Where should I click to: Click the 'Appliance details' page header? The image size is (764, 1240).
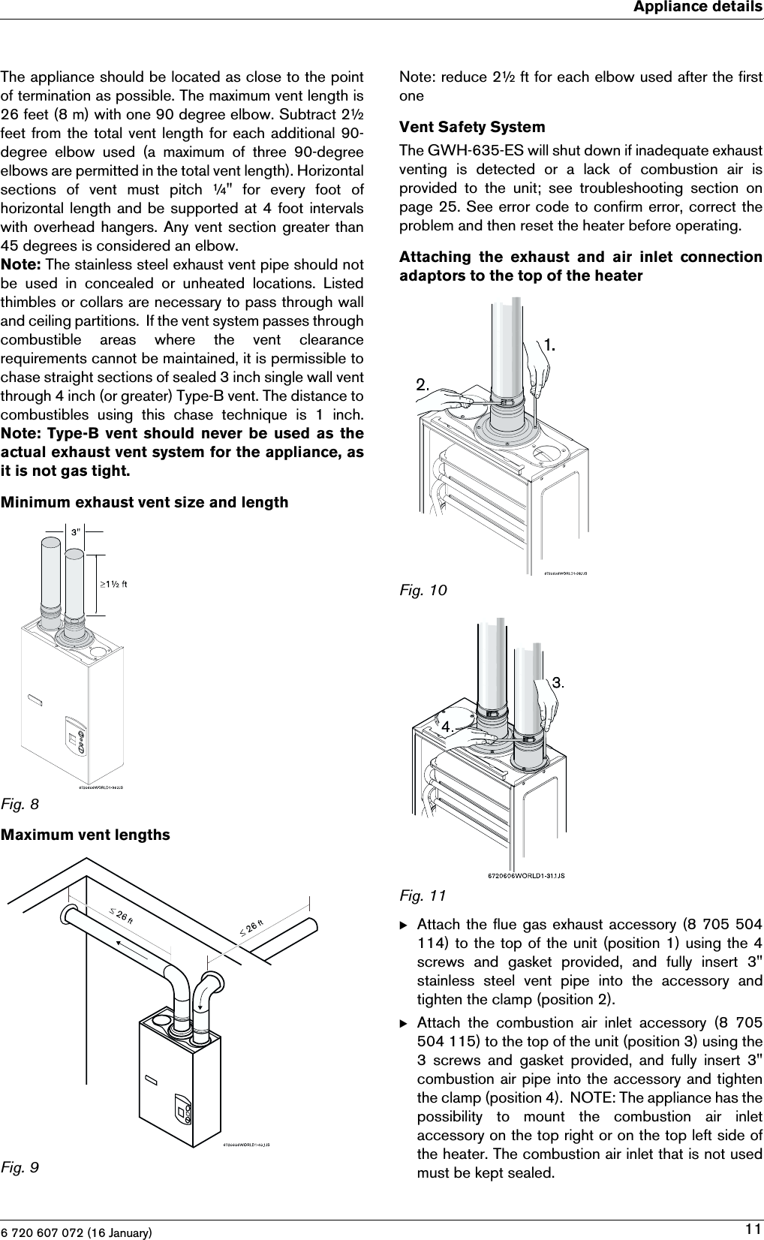[697, 8]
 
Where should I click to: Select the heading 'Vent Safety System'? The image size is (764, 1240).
[462, 127]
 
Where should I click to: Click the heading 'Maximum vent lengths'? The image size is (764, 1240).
[86, 835]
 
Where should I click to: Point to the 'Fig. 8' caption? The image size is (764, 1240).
[20, 805]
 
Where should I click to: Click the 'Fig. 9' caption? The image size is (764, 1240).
[20, 1167]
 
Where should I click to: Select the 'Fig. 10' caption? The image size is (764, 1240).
[423, 591]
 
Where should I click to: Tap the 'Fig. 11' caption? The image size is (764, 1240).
[423, 895]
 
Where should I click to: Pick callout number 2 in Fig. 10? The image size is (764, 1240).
[423, 384]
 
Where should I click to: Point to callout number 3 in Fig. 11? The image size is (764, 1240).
[558, 682]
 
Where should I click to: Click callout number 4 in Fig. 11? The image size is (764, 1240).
[447, 727]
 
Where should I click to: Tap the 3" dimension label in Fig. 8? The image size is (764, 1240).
[75, 532]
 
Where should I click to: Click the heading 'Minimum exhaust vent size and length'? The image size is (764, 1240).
[144, 502]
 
